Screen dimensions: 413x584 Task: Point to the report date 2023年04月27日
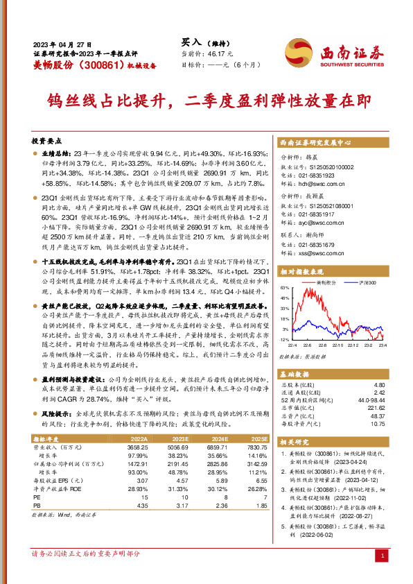62,43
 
